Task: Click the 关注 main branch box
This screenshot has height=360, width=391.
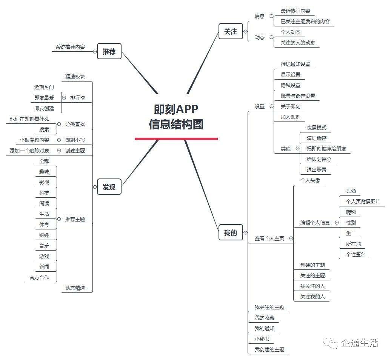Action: (231, 31)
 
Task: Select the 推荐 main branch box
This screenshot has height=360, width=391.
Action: (109, 51)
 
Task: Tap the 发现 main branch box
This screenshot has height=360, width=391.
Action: (109, 187)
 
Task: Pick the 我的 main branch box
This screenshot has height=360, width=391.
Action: (231, 232)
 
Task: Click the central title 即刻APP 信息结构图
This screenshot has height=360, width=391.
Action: (176, 117)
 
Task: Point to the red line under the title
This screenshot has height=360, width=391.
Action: (176, 138)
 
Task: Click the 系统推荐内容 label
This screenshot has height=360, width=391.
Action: (70, 47)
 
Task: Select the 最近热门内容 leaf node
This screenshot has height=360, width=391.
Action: (296, 11)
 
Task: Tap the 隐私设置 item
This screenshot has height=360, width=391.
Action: (291, 85)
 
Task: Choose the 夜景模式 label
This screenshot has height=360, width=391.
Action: (316, 128)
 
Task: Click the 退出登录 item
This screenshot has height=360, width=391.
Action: (316, 170)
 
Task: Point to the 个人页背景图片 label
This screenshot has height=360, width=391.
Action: (363, 202)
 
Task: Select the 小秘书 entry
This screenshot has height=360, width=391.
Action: (262, 339)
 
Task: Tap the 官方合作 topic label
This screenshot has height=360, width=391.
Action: (39, 277)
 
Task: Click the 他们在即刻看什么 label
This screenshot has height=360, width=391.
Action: (29, 119)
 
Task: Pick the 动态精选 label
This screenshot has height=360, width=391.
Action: (75, 288)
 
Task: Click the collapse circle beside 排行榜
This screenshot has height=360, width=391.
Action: (64, 98)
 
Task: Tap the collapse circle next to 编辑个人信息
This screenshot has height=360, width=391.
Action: (337, 223)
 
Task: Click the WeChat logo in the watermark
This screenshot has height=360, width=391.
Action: (331, 343)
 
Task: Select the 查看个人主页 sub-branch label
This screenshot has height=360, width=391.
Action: (269, 238)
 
